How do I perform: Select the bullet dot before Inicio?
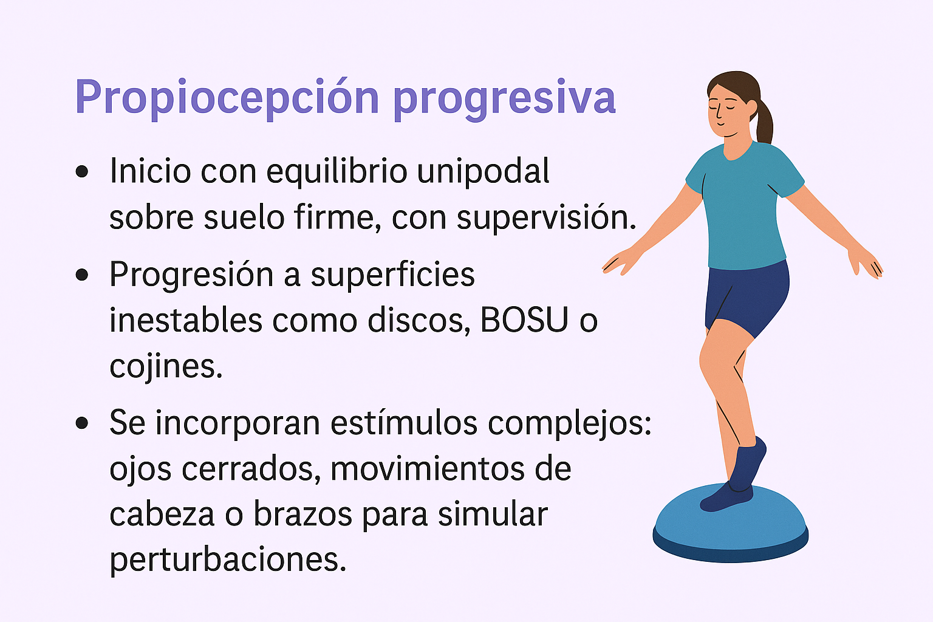click(82, 172)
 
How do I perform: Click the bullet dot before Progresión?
click(82, 275)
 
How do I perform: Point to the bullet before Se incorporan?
click(82, 423)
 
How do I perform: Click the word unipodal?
click(483, 171)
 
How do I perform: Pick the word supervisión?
click(546, 217)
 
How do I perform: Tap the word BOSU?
click(524, 320)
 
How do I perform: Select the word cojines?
click(166, 366)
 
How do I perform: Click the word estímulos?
click(404, 423)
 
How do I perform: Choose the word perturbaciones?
click(228, 559)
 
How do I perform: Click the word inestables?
click(185, 320)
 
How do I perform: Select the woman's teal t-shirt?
click(744, 207)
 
